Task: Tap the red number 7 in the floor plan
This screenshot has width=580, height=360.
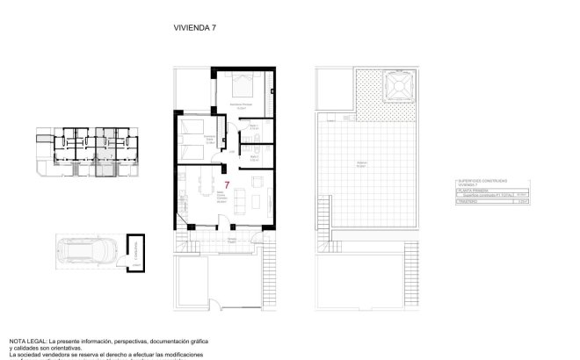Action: click(228, 185)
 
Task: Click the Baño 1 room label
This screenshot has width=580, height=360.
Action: click(254, 127)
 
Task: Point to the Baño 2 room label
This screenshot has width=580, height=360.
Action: click(254, 158)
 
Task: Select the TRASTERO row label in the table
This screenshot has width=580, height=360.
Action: click(468, 204)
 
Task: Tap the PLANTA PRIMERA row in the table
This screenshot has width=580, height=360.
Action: click(472, 192)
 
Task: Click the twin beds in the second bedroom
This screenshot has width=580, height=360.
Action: click(192, 140)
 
